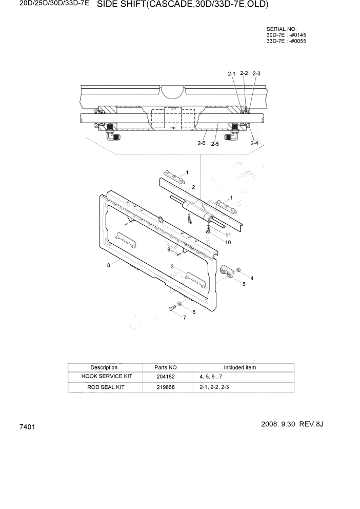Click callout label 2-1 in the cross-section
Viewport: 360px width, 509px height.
[231, 74]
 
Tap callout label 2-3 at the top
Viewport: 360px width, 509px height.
[256, 73]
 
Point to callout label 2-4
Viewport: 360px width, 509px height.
[254, 144]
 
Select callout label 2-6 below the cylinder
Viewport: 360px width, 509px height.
[202, 144]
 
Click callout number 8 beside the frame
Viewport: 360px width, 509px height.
[109, 265]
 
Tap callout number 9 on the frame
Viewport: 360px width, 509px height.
[169, 249]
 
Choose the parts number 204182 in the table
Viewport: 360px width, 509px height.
[165, 377]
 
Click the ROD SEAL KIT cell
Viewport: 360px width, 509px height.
[104, 387]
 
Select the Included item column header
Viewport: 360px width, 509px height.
[239, 367]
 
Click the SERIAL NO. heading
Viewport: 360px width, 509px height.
[283, 29]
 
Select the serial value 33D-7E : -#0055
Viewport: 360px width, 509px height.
[286, 41]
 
